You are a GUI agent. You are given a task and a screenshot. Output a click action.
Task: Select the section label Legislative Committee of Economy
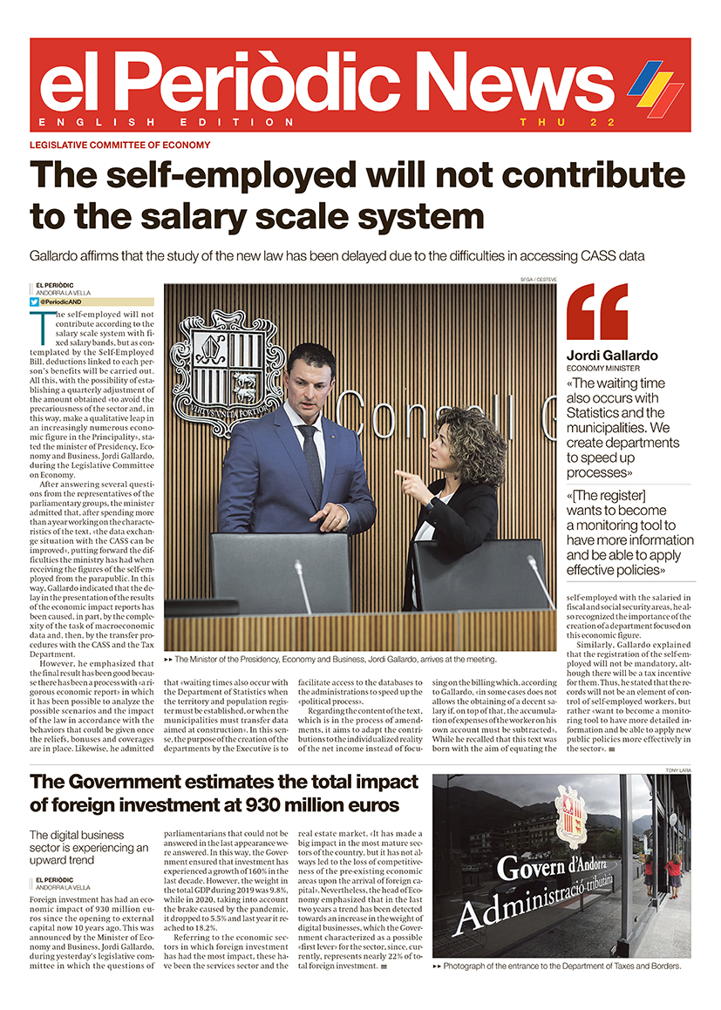(x=119, y=145)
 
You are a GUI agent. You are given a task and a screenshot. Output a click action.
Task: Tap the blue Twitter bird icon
(x=35, y=302)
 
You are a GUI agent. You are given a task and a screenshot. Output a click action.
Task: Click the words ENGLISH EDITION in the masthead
(x=167, y=122)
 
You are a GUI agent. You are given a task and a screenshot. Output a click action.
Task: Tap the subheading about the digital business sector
(x=89, y=841)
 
